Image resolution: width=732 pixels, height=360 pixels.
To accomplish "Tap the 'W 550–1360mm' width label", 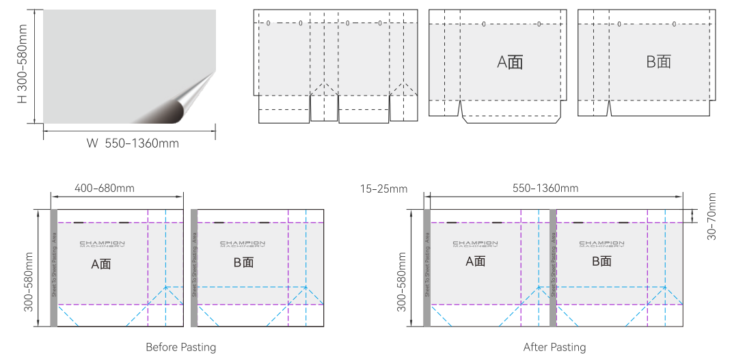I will (x=133, y=143).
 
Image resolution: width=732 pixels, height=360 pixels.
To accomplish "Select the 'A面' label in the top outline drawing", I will (x=510, y=62).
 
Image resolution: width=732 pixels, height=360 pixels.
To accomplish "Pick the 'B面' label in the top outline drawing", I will (x=659, y=61).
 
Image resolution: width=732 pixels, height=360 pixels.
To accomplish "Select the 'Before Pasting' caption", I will (x=180, y=347).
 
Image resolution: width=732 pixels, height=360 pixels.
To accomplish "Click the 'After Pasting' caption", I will (x=554, y=347).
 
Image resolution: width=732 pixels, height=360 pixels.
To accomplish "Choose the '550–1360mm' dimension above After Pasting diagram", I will (x=545, y=188).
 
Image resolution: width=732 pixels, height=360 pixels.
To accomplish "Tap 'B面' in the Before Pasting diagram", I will (x=243, y=263).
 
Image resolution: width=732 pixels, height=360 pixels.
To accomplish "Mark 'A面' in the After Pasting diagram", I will (x=476, y=261).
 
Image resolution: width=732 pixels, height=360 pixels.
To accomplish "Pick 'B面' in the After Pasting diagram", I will (x=601, y=261).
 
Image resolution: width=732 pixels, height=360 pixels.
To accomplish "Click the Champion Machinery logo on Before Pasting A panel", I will (x=102, y=244).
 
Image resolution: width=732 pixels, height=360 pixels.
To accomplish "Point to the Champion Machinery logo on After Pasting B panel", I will (x=601, y=244).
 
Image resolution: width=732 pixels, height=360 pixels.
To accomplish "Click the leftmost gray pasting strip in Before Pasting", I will (x=54, y=268).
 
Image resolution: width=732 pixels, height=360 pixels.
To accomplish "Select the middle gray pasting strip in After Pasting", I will (x=553, y=268).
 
